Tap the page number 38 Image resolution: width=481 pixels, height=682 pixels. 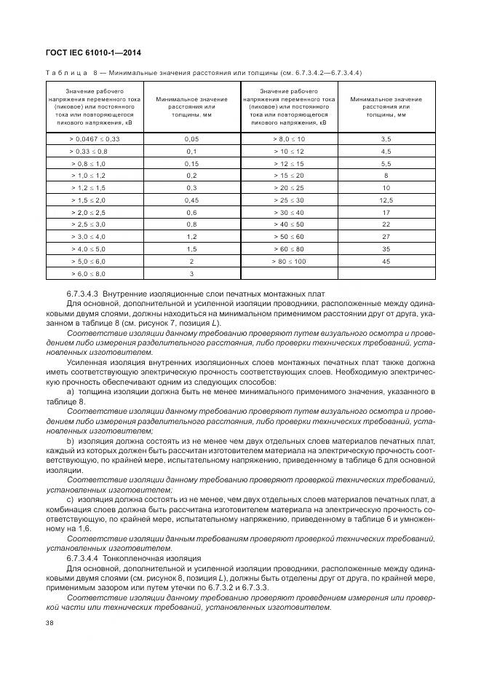pos(50,622)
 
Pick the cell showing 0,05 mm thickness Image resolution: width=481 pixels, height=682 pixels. pos(191,138)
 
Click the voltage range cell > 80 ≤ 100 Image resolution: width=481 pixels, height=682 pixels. pos(289,261)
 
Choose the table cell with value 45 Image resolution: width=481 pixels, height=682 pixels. pos(386,261)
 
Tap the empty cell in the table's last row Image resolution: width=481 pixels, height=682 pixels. pos(289,273)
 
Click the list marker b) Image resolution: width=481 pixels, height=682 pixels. pos(71,441)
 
